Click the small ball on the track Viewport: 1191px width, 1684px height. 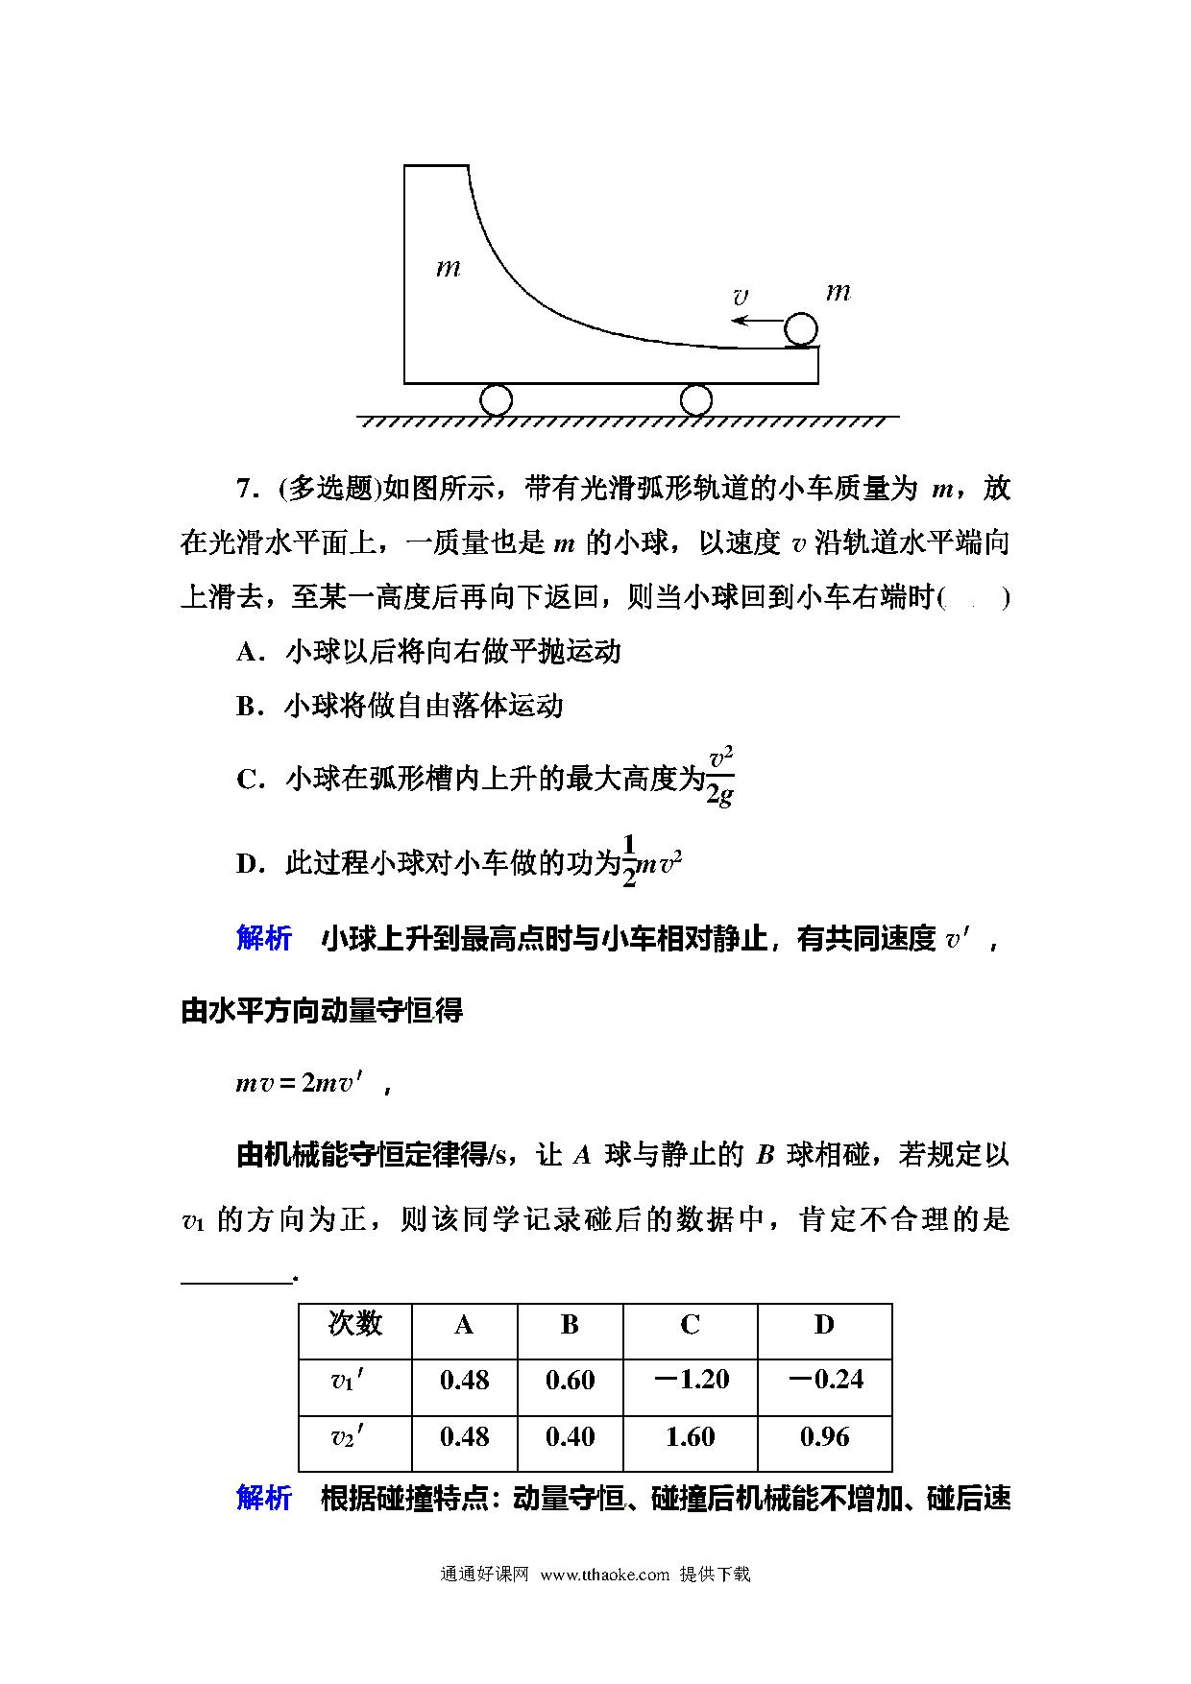point(801,329)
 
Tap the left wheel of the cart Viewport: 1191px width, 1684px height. point(496,398)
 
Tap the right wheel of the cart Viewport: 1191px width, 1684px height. point(695,398)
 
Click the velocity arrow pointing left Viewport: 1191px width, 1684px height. point(756,321)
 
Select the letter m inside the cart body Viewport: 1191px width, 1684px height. point(449,267)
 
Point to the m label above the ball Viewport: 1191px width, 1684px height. point(839,291)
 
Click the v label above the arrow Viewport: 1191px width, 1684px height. point(740,298)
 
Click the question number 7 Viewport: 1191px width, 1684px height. point(244,490)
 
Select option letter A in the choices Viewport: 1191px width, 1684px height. point(248,653)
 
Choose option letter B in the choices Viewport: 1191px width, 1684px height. point(248,708)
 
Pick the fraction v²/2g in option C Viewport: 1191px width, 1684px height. point(720,778)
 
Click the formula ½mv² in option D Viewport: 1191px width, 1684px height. point(653,862)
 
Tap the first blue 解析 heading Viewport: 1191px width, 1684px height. point(264,938)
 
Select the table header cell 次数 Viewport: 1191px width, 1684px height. point(354,1325)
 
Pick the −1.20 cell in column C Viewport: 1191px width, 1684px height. point(690,1380)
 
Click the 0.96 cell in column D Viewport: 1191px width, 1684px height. point(824,1437)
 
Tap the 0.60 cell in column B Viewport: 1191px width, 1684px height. point(570,1380)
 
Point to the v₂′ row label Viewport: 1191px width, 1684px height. point(348,1437)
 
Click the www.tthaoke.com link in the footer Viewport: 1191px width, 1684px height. point(604,1574)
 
